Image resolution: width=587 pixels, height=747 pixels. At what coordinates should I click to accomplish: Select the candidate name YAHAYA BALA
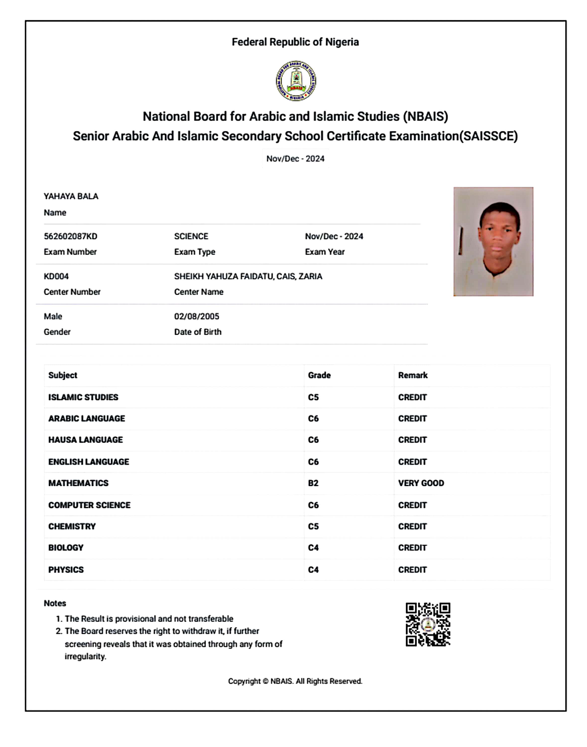tap(71, 196)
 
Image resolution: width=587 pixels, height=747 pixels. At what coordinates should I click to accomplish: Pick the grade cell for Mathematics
tap(313, 483)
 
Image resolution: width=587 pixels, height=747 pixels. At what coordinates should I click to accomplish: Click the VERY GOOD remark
tap(421, 483)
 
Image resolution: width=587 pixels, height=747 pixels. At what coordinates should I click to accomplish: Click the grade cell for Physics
tap(313, 570)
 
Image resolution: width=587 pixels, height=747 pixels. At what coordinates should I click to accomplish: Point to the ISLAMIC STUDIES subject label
tap(83, 397)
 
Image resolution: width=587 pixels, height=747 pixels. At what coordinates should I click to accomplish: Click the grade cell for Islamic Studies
tap(313, 397)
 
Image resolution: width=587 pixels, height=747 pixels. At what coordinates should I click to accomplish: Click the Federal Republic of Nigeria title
tap(295, 42)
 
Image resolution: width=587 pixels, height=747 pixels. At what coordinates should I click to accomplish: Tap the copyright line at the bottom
tap(295, 681)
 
